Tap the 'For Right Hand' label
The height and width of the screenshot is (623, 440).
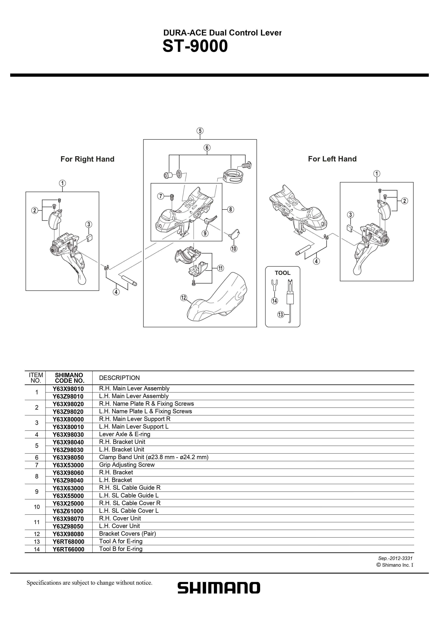point(87,159)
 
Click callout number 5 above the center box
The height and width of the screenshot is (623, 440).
point(200,131)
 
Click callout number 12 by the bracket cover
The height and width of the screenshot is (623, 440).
point(184,298)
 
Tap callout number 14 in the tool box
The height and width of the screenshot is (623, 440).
point(275,301)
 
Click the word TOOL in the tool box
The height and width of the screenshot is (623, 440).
point(283,273)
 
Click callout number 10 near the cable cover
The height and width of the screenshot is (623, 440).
point(234,249)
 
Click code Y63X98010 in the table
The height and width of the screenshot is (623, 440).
point(68,389)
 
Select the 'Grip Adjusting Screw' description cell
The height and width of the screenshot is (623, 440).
point(127,465)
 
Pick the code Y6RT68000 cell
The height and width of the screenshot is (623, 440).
point(68,542)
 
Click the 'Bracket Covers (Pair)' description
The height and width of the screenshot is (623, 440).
point(127,534)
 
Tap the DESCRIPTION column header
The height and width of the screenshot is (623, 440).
point(119,378)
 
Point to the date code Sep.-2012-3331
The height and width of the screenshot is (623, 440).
point(395,558)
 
